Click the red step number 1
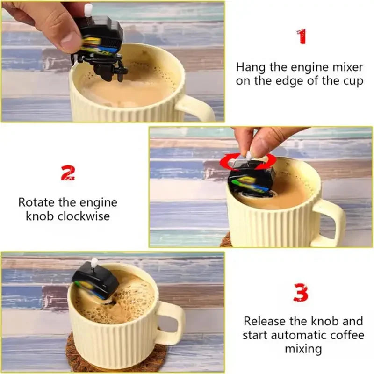(302, 36)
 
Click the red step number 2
(68, 173)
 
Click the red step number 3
(301, 293)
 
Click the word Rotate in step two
(36, 203)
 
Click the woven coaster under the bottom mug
(117, 360)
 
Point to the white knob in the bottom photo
(94, 263)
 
